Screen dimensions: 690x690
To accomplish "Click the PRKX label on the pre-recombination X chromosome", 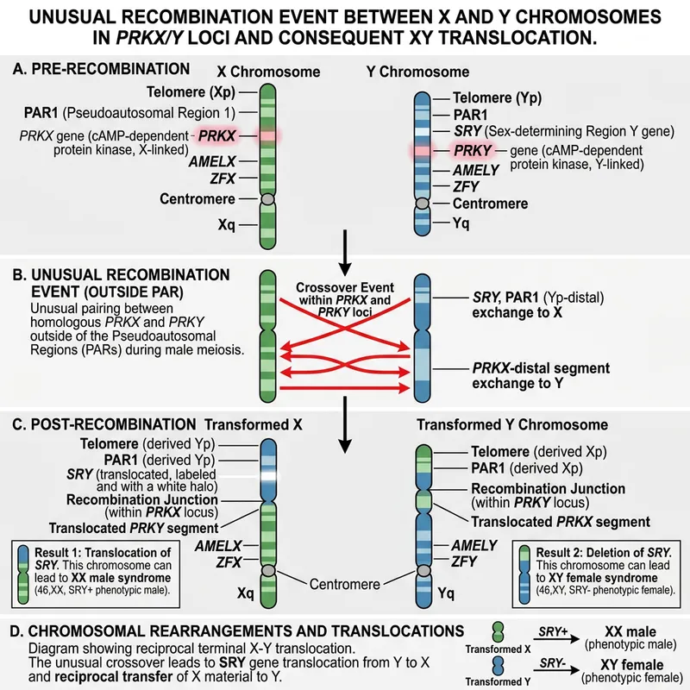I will pyautogui.click(x=216, y=136).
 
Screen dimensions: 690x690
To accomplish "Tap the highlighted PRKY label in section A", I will pyautogui.click(x=474, y=150).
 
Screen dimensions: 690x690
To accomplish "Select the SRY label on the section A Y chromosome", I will pyautogui.click(x=467, y=130).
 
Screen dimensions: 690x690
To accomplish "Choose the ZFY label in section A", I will pyautogui.click(x=467, y=186).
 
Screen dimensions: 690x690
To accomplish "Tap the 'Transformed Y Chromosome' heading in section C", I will pyautogui.click(x=512, y=424).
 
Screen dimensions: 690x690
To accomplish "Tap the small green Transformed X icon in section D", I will pyautogui.click(x=499, y=634).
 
